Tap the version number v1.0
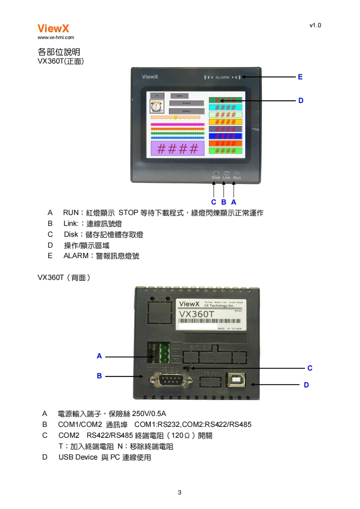click(315, 25)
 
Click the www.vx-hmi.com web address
click(55, 38)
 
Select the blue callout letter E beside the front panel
click(300, 77)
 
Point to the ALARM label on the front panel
click(222, 78)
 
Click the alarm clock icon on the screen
click(157, 107)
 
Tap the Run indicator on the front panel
click(237, 175)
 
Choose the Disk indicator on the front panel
click(216, 175)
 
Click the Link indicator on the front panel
click(227, 175)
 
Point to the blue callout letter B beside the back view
click(99, 376)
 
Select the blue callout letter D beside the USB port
click(306, 385)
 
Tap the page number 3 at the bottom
click(180, 492)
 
